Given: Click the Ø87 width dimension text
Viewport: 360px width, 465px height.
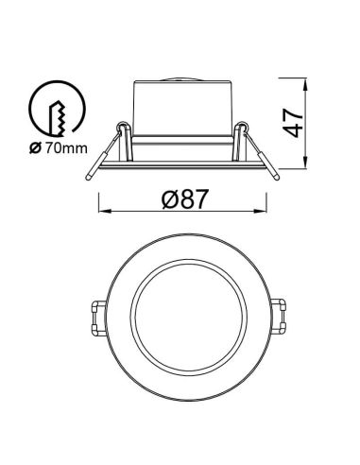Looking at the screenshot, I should (184, 198).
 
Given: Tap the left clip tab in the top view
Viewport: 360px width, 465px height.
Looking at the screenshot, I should (97, 317).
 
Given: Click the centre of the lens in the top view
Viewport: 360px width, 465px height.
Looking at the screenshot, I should (188, 317).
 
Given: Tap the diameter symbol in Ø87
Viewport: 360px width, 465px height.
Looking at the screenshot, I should (166, 198).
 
